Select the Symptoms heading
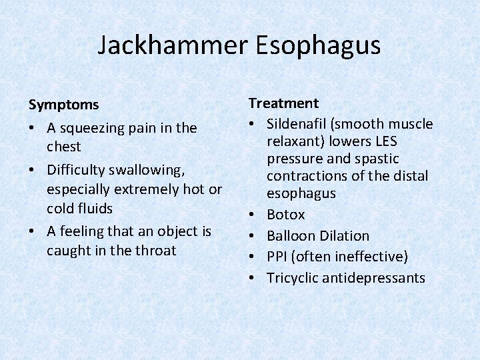coord(63,105)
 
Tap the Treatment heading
coord(283,103)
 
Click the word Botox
coord(285,215)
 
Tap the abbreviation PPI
coord(278,257)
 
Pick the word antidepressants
coord(373,278)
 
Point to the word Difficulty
coord(75,170)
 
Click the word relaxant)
coord(296,141)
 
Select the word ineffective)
coord(371,257)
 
